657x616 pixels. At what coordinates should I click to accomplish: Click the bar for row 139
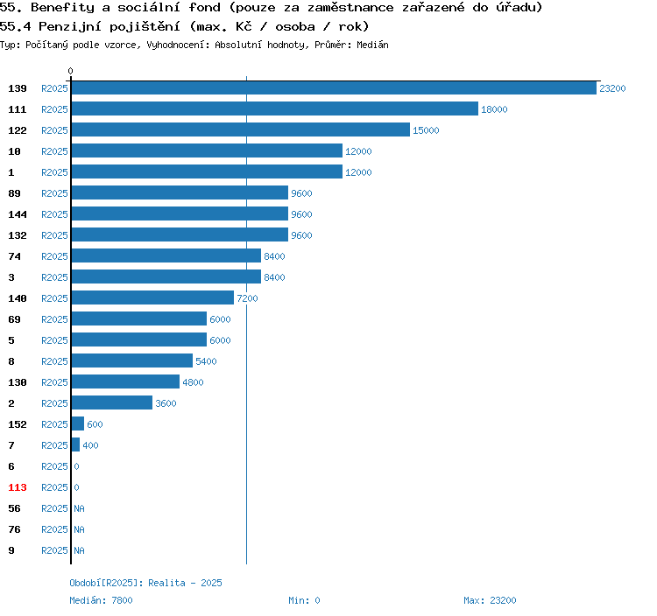click(x=334, y=88)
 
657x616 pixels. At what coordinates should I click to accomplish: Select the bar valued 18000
click(x=275, y=109)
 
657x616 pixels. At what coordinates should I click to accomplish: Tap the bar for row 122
click(x=241, y=130)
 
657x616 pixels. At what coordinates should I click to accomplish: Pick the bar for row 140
click(x=153, y=298)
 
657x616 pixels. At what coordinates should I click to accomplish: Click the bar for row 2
click(x=112, y=403)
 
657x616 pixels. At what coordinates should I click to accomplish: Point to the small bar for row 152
click(x=78, y=424)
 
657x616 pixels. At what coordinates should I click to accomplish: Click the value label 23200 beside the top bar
click(x=612, y=88)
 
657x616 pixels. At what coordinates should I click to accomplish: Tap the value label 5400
click(x=206, y=361)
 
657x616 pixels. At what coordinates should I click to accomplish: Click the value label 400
click(x=90, y=445)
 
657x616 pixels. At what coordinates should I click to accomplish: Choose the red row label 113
click(x=18, y=487)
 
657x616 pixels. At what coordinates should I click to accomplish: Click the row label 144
click(x=18, y=214)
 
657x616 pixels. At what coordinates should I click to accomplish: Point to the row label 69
click(x=14, y=319)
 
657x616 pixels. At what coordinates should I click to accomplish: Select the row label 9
click(x=11, y=550)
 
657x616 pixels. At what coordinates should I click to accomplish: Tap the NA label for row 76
click(x=79, y=529)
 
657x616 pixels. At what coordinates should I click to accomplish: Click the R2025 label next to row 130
click(x=54, y=382)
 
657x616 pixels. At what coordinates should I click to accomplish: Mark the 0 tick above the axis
click(x=71, y=71)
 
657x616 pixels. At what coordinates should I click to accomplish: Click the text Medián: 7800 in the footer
click(x=101, y=600)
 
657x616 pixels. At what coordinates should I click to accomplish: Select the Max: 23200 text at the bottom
click(x=490, y=600)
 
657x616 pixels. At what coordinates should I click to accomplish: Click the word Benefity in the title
click(x=60, y=8)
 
